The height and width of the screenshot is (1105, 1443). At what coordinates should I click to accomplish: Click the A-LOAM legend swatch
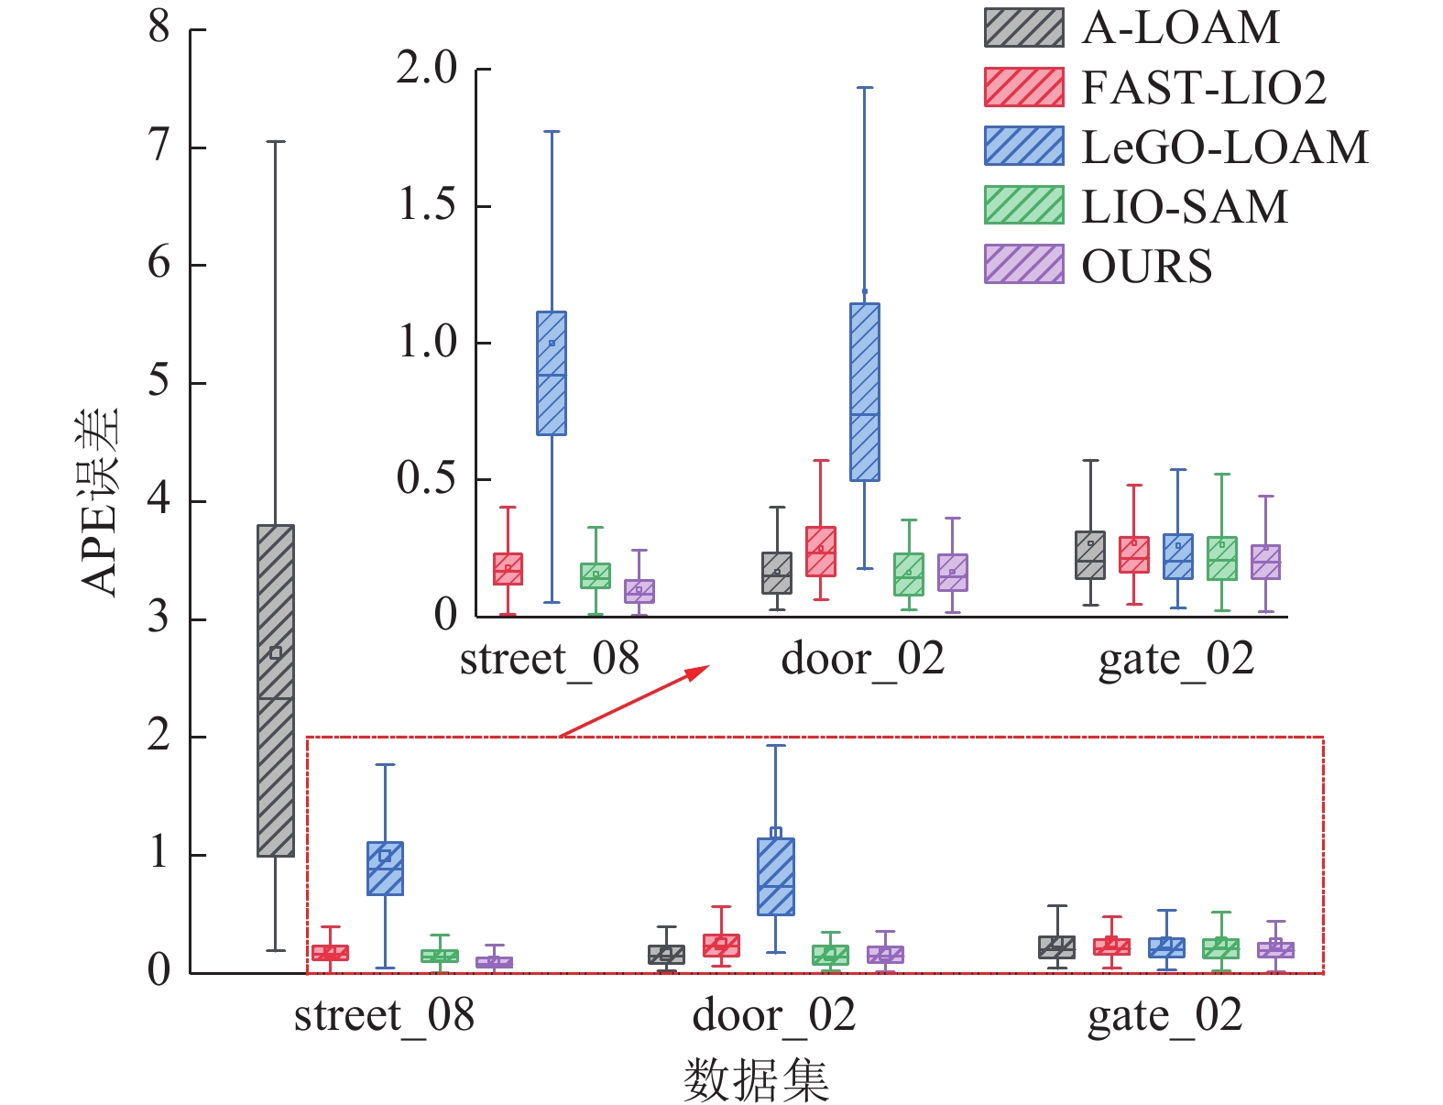point(1023,27)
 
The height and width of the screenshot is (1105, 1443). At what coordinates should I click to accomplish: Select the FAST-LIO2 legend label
point(1203,88)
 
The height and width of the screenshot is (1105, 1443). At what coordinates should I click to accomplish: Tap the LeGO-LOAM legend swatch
point(1023,146)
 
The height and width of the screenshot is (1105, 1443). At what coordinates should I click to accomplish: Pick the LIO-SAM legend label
point(1184,206)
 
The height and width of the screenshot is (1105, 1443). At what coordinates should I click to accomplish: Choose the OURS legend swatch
point(1023,265)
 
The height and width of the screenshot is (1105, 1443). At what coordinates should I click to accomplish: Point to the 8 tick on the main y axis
point(159,27)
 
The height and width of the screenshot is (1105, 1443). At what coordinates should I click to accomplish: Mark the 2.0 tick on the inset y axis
point(427,68)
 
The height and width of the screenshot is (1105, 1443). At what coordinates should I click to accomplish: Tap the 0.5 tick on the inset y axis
point(427,478)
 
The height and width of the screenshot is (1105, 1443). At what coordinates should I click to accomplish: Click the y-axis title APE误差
point(100,502)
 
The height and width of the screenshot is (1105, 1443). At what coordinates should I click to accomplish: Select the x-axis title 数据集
point(756,1079)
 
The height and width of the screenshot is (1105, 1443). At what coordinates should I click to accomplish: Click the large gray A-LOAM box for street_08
point(276,691)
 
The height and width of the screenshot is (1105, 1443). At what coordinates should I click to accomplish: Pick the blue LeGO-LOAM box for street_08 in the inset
point(552,373)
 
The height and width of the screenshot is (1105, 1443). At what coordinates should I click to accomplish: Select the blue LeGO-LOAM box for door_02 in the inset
point(865,392)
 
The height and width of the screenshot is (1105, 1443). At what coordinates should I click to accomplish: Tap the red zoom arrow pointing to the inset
point(634,702)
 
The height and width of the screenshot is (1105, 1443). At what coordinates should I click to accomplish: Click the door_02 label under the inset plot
point(862,659)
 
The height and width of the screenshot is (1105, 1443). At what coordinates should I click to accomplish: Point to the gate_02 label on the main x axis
point(1164,1015)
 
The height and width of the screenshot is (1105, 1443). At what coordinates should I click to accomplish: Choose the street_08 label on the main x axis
point(384,1015)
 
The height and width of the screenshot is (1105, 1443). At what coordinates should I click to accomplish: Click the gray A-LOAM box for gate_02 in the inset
point(1090,555)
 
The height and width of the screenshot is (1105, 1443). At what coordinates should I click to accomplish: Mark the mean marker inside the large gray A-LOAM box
point(276,653)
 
